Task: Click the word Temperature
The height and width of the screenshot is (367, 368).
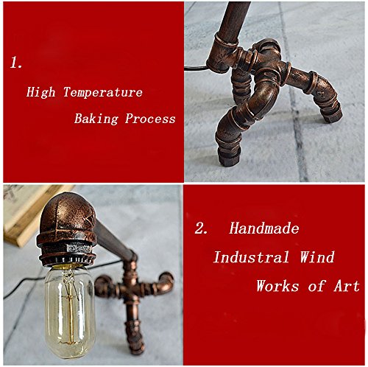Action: click(103, 92)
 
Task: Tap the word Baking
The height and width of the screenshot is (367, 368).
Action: click(96, 119)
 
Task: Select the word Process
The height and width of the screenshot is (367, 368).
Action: click(150, 119)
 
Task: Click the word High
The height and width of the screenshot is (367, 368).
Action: click(40, 92)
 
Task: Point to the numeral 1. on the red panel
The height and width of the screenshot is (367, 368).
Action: click(16, 63)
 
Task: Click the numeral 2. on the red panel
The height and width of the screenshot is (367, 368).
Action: click(201, 228)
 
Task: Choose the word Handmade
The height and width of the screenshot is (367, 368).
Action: click(264, 228)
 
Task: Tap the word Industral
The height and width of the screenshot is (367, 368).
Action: click(251, 257)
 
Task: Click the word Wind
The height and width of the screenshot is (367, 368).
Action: click(317, 257)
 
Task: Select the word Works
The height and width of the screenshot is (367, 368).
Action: click(277, 286)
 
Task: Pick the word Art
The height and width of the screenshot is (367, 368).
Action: click(347, 286)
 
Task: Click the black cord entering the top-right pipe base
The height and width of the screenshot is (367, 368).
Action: click(197, 67)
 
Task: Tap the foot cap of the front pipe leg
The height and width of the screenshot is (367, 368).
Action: click(228, 157)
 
